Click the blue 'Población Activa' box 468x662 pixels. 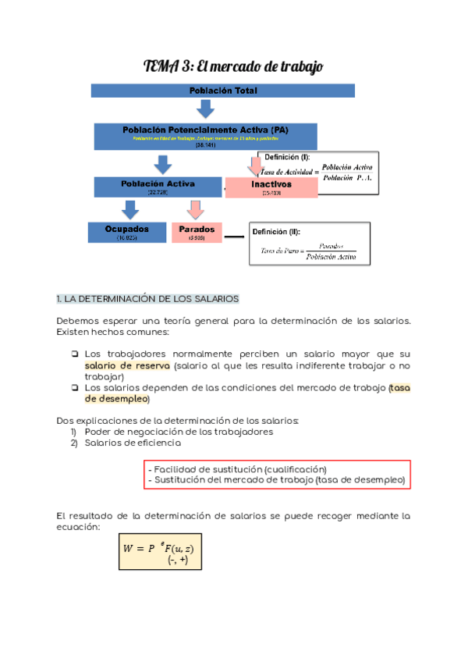158,187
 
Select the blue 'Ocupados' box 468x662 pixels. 126,233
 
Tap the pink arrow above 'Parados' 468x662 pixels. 195,209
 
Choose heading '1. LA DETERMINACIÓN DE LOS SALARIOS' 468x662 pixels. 148,299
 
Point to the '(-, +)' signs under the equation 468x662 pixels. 177,561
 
